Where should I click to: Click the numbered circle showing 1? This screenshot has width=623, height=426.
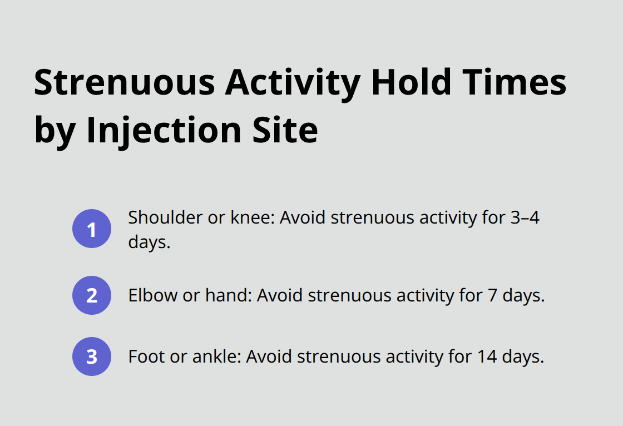tap(92, 229)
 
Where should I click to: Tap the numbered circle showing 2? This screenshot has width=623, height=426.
tap(92, 295)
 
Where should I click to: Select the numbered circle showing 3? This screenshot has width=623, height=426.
tap(92, 356)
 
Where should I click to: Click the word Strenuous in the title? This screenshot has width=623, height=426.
tap(123, 83)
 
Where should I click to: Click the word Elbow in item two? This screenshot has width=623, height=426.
tap(147, 295)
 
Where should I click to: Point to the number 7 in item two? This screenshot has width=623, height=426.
tap(492, 295)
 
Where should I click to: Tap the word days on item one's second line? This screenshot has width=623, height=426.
tap(149, 243)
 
